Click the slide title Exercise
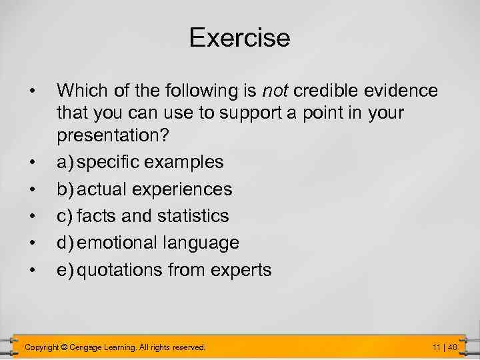click(239, 38)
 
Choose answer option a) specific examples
click(140, 162)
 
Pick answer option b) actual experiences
click(145, 189)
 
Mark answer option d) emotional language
click(148, 243)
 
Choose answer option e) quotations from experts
click(164, 270)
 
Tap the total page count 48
click(452, 347)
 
